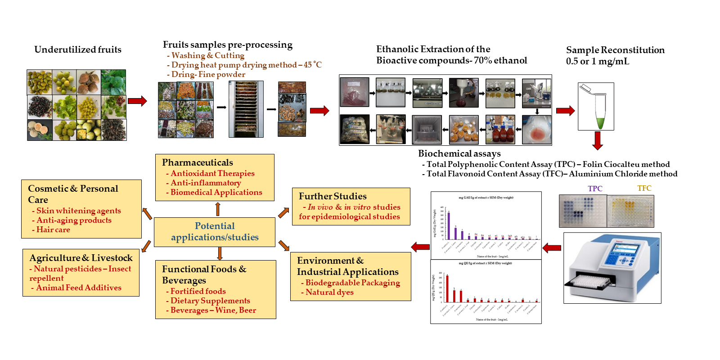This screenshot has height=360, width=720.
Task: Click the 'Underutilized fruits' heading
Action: point(78,49)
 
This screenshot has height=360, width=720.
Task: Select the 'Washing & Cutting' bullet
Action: point(207,55)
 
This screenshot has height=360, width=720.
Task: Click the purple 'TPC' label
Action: point(595,189)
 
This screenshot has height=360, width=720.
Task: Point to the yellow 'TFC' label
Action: point(644,188)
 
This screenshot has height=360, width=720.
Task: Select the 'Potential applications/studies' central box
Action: point(215,232)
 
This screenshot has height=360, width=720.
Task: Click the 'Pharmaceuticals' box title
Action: point(198,162)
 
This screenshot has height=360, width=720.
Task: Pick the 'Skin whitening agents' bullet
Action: point(78,211)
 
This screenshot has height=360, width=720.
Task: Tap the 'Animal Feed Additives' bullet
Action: point(78,288)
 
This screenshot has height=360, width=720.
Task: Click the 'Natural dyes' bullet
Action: point(329,292)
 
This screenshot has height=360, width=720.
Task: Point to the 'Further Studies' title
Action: point(333,196)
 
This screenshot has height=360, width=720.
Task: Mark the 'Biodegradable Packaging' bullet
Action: point(352,283)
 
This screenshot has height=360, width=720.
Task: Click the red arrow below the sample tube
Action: point(598,140)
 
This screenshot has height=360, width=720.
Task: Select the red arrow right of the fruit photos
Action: point(137,101)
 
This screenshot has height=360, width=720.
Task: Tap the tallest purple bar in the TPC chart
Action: point(449,225)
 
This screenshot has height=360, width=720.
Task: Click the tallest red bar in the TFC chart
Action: point(447,288)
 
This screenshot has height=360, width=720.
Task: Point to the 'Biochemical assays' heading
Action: point(459,153)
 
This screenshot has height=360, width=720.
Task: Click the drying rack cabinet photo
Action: point(246,109)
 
